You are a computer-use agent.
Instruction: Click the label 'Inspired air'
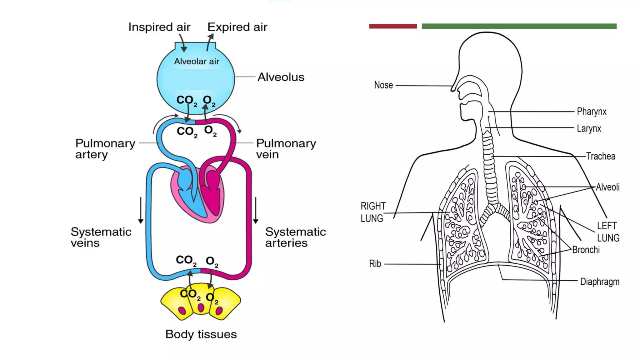click(159, 27)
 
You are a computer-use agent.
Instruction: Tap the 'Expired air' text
click(237, 27)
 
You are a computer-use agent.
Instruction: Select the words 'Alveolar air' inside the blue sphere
click(197, 61)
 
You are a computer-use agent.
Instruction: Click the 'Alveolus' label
click(281, 77)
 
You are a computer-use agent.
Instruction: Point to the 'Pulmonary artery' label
click(105, 149)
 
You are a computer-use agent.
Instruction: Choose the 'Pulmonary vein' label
click(286, 149)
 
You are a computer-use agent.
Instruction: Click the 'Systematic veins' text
click(101, 237)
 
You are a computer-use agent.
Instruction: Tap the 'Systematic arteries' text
click(295, 237)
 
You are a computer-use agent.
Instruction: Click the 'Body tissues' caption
click(201, 334)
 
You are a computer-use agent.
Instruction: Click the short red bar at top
click(393, 26)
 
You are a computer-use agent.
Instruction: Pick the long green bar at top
click(519, 26)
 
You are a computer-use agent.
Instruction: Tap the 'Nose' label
click(383, 85)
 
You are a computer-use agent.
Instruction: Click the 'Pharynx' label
click(591, 112)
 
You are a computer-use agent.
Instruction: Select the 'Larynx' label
click(589, 128)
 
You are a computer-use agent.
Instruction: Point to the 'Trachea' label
click(600, 156)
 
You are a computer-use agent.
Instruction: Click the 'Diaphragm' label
click(599, 282)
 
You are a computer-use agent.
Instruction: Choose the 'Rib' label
click(375, 264)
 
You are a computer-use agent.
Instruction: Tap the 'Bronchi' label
click(586, 250)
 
